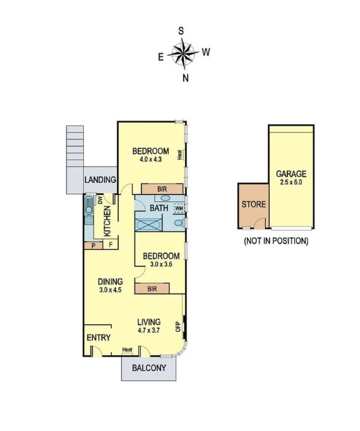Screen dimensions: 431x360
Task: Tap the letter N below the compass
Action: (185, 78)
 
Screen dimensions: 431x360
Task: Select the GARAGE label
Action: (291, 174)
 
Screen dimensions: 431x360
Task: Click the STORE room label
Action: (254, 204)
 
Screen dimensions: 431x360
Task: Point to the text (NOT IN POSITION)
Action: (276, 241)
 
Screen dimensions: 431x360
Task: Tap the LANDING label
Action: (100, 180)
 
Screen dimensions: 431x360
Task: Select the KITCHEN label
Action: (107, 221)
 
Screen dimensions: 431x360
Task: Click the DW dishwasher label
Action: (100, 200)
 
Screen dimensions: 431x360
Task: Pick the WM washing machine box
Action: (179, 208)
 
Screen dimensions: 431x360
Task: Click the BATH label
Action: (159, 208)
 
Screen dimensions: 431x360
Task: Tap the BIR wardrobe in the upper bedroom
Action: (153, 188)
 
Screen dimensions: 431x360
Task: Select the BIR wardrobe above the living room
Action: (152, 289)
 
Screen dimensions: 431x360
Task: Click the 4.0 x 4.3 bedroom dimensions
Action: (151, 160)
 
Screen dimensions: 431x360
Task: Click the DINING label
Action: (110, 281)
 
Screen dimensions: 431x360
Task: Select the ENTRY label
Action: (99, 338)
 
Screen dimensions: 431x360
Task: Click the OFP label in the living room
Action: (178, 326)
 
